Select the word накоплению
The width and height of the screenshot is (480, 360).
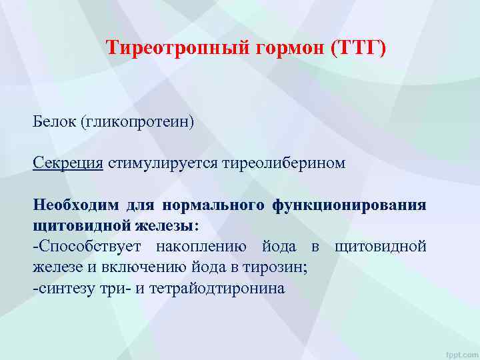[200, 247]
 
